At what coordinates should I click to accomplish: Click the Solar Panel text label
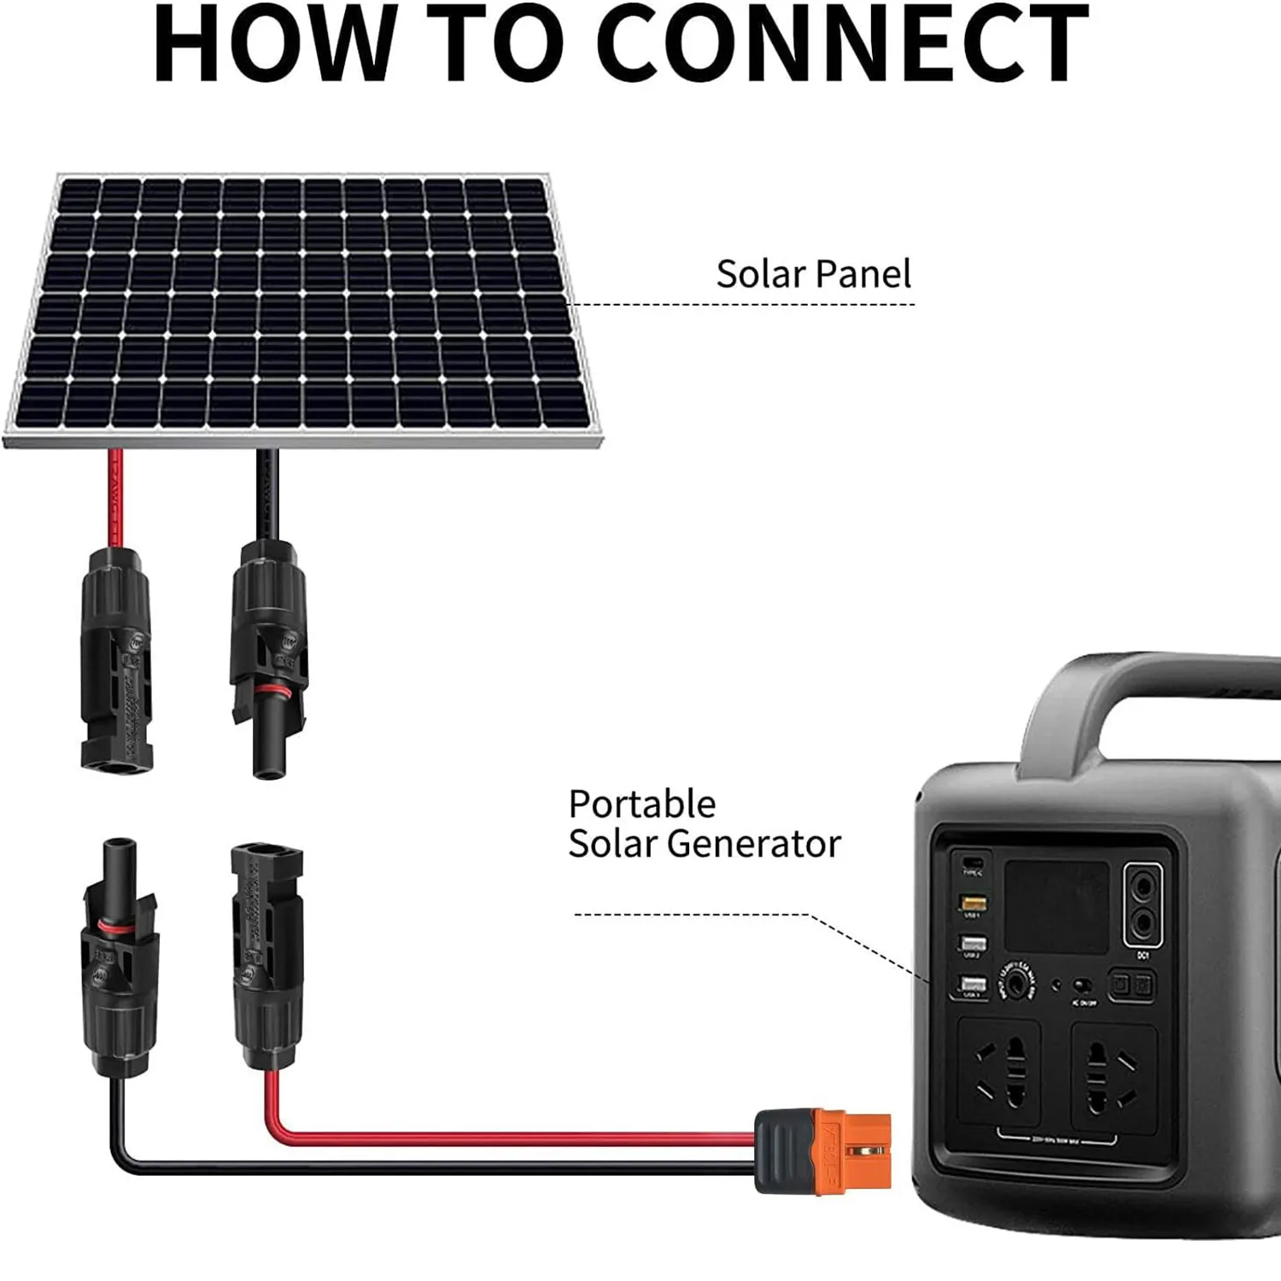pyautogui.click(x=813, y=274)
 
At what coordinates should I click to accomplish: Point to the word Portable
pyautogui.click(x=642, y=804)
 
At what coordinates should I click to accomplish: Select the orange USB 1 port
pyautogui.click(x=973, y=903)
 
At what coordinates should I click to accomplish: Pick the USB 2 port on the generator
pyautogui.click(x=973, y=944)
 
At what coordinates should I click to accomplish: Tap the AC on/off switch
pyautogui.click(x=1084, y=986)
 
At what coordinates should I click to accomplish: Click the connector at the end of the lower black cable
pyautogui.click(x=119, y=956)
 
